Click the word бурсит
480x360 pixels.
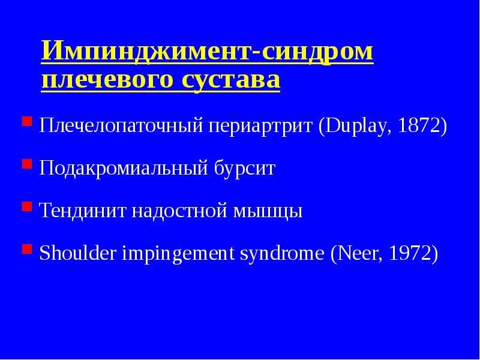[x=245, y=169]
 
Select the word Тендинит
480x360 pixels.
[x=80, y=211]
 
